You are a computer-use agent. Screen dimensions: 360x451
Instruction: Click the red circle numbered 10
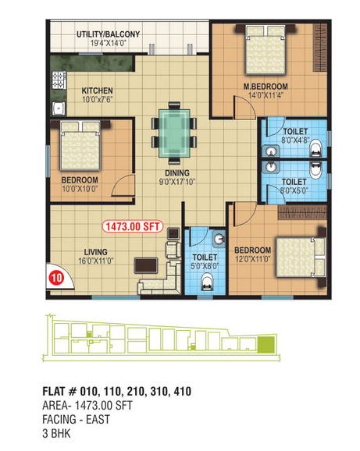pyautogui.click(x=56, y=278)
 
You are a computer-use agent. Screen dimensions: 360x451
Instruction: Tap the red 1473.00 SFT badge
pyautogui.click(x=133, y=226)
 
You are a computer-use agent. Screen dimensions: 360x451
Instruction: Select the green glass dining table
pyautogui.click(x=174, y=133)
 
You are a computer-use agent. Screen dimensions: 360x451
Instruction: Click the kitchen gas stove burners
pyautogui.click(x=59, y=80)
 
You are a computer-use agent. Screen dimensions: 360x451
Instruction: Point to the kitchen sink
pyautogui.click(x=59, y=108)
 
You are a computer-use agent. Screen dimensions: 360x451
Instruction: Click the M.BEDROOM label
pyautogui.click(x=266, y=87)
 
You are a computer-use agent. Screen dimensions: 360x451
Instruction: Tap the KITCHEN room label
pyautogui.click(x=98, y=91)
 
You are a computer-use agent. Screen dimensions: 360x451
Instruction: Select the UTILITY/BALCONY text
pyautogui.click(x=109, y=34)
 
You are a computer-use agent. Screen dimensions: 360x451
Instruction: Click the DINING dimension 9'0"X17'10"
pyautogui.click(x=177, y=182)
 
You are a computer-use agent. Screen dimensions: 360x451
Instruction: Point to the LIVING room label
pyautogui.click(x=95, y=252)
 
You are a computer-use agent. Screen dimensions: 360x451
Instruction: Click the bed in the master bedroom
pyautogui.click(x=266, y=50)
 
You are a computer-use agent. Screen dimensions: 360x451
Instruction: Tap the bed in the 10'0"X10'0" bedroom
pyautogui.click(x=80, y=146)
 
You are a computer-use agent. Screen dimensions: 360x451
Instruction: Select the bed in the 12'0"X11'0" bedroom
pyautogui.click(x=301, y=257)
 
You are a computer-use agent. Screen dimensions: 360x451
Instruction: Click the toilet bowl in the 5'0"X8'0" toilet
pyautogui.click(x=207, y=282)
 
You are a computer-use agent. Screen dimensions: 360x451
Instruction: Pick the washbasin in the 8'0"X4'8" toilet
pyautogui.click(x=270, y=151)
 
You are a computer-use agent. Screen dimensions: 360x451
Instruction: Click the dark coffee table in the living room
pyautogui.click(x=146, y=265)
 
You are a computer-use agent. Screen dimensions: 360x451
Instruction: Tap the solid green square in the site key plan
pyautogui.click(x=266, y=345)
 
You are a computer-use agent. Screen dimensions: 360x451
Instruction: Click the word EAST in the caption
pyautogui.click(x=98, y=419)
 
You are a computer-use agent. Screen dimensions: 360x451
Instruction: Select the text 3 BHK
pyautogui.click(x=56, y=434)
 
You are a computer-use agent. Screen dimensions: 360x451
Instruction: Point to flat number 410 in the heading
pyautogui.click(x=183, y=391)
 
